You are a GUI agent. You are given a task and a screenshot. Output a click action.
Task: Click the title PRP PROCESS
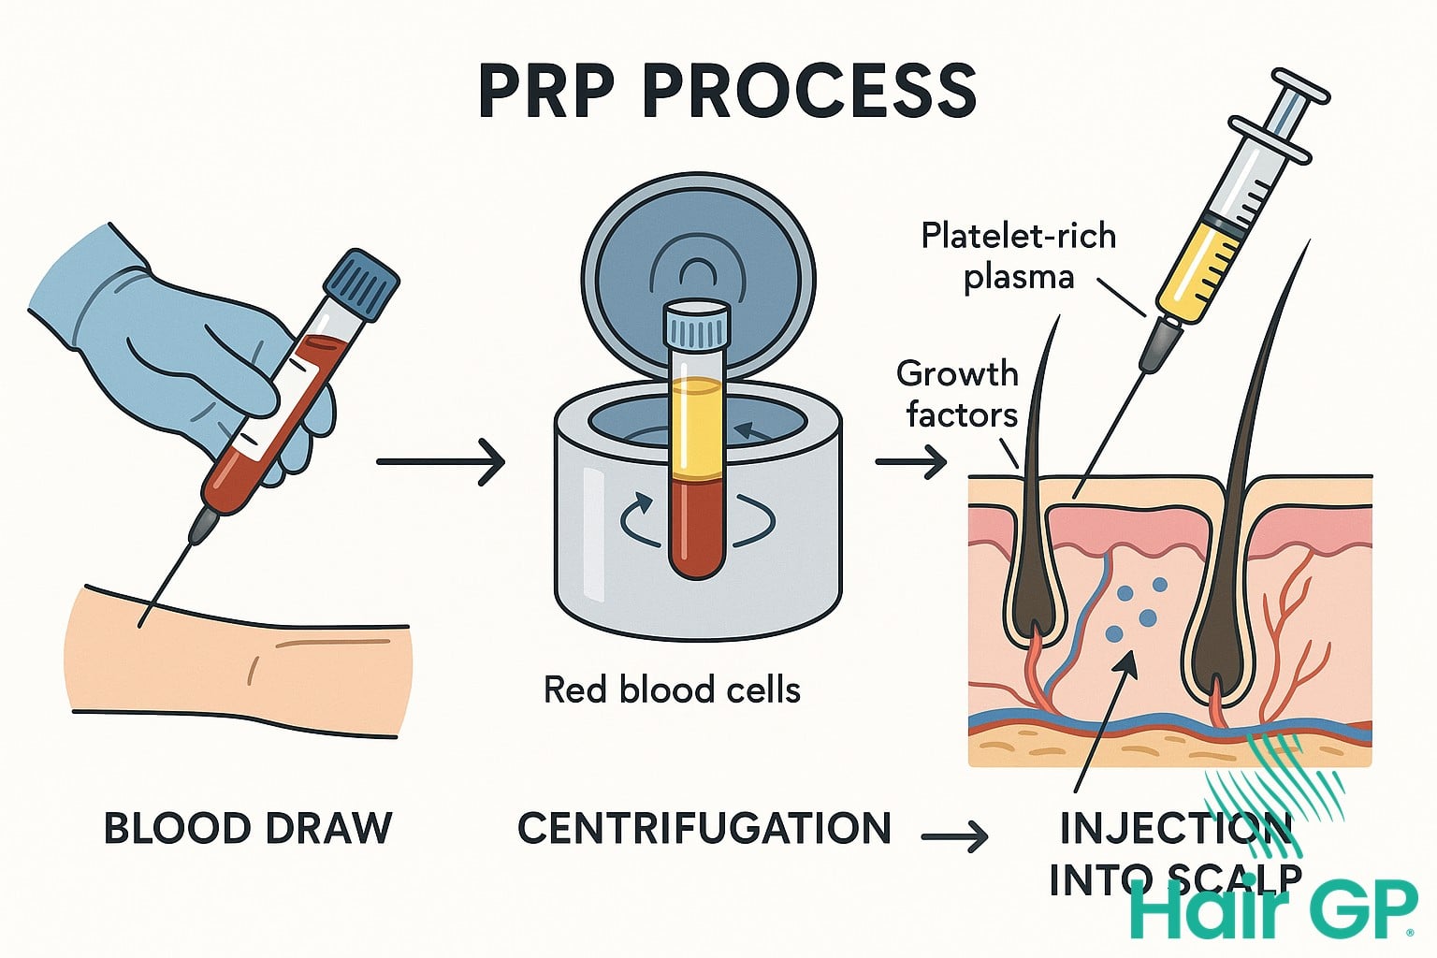pos(727,91)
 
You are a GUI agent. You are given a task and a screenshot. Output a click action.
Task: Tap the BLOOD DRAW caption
pos(247,829)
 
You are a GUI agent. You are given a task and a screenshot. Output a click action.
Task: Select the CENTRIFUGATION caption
pos(704,829)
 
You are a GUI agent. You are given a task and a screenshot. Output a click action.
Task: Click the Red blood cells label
pos(672,690)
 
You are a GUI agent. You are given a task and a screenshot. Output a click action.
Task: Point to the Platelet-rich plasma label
pos(1018,255)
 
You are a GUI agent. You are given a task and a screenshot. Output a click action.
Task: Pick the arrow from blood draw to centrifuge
pos(440,461)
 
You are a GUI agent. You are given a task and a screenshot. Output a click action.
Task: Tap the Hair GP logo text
pos(1272,907)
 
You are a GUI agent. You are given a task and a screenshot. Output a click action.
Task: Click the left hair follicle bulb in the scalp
pos(1034,599)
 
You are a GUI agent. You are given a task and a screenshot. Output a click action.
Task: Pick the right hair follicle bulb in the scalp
pos(1216,646)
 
